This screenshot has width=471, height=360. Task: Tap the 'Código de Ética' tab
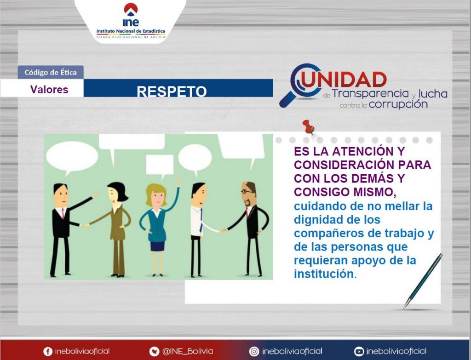(51, 72)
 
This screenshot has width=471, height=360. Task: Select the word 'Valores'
(49, 90)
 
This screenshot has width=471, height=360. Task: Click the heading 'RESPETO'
(172, 91)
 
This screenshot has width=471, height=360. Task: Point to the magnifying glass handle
(287, 99)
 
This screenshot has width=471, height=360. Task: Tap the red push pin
(309, 127)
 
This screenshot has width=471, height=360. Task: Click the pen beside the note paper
(423, 281)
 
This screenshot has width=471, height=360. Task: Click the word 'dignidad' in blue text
(317, 220)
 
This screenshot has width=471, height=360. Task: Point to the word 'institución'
(324, 274)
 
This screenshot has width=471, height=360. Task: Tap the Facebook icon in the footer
(48, 352)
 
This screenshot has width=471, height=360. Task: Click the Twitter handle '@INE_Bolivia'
(188, 351)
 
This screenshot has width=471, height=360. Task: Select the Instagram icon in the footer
(254, 352)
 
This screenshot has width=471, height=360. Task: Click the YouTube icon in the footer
(359, 352)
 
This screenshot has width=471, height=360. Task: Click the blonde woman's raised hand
(178, 181)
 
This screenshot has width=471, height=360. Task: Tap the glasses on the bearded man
(247, 191)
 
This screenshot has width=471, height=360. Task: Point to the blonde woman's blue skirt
(157, 246)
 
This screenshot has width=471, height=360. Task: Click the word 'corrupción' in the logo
(398, 105)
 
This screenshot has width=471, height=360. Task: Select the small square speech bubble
(160, 165)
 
